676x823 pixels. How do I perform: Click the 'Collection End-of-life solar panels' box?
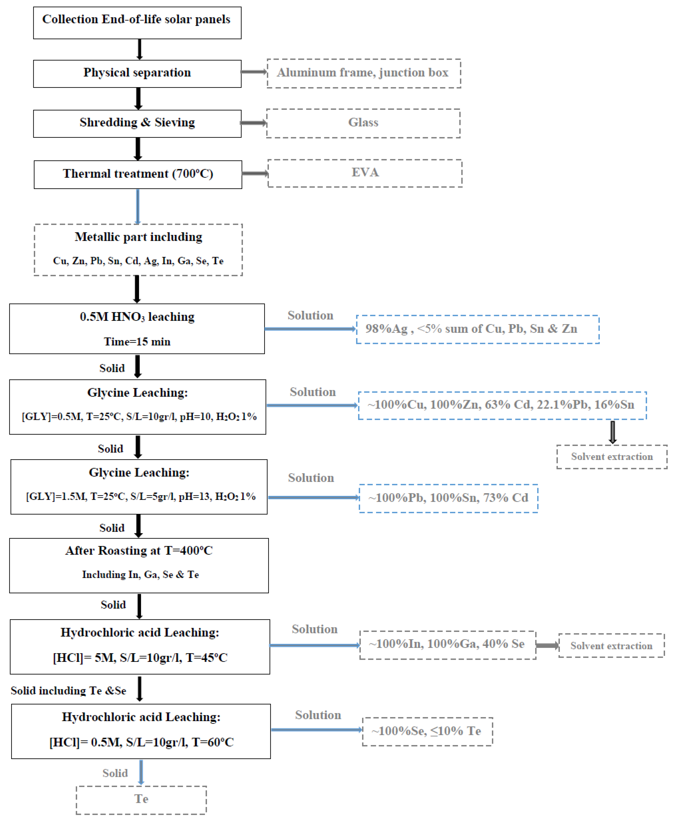[x=137, y=23]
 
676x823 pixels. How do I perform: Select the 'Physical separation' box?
[x=137, y=74]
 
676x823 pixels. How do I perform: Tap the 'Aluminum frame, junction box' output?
[x=363, y=73]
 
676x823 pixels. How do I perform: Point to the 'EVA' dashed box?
[x=365, y=173]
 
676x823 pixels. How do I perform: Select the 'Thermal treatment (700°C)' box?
[x=138, y=174]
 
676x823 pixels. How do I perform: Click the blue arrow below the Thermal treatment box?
[x=137, y=206]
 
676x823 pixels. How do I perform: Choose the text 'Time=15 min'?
[x=137, y=341]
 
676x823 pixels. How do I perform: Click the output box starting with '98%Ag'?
[x=477, y=329]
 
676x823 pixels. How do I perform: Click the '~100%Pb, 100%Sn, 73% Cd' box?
[x=448, y=498]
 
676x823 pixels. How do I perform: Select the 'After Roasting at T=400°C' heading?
[x=139, y=550]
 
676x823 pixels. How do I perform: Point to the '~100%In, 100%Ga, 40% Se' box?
[x=447, y=645]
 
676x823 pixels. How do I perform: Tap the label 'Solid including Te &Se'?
[x=69, y=690]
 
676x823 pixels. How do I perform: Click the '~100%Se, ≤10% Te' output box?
[x=427, y=731]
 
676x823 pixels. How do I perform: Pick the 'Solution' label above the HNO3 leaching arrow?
[x=310, y=315]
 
